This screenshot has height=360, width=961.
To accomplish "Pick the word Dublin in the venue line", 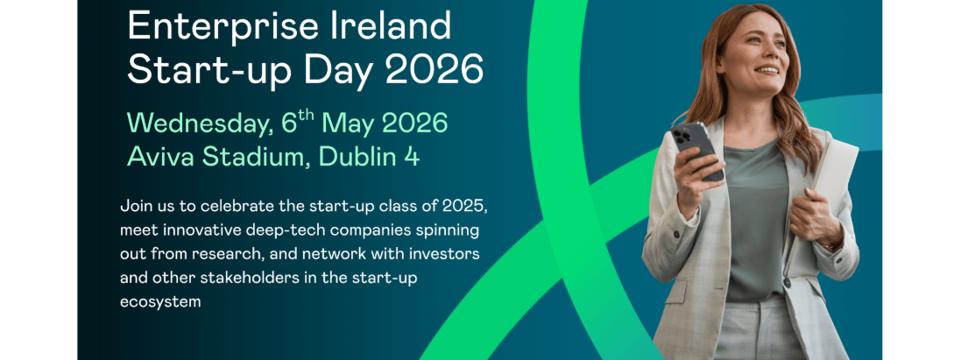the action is tap(358, 157).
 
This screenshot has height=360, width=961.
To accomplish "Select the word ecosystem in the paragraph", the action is tap(160, 302).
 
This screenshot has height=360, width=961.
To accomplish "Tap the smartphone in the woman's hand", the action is tap(696, 150).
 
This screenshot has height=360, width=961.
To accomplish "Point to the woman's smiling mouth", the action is tap(767, 70).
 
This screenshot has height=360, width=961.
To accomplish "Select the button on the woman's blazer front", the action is tap(787, 283).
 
